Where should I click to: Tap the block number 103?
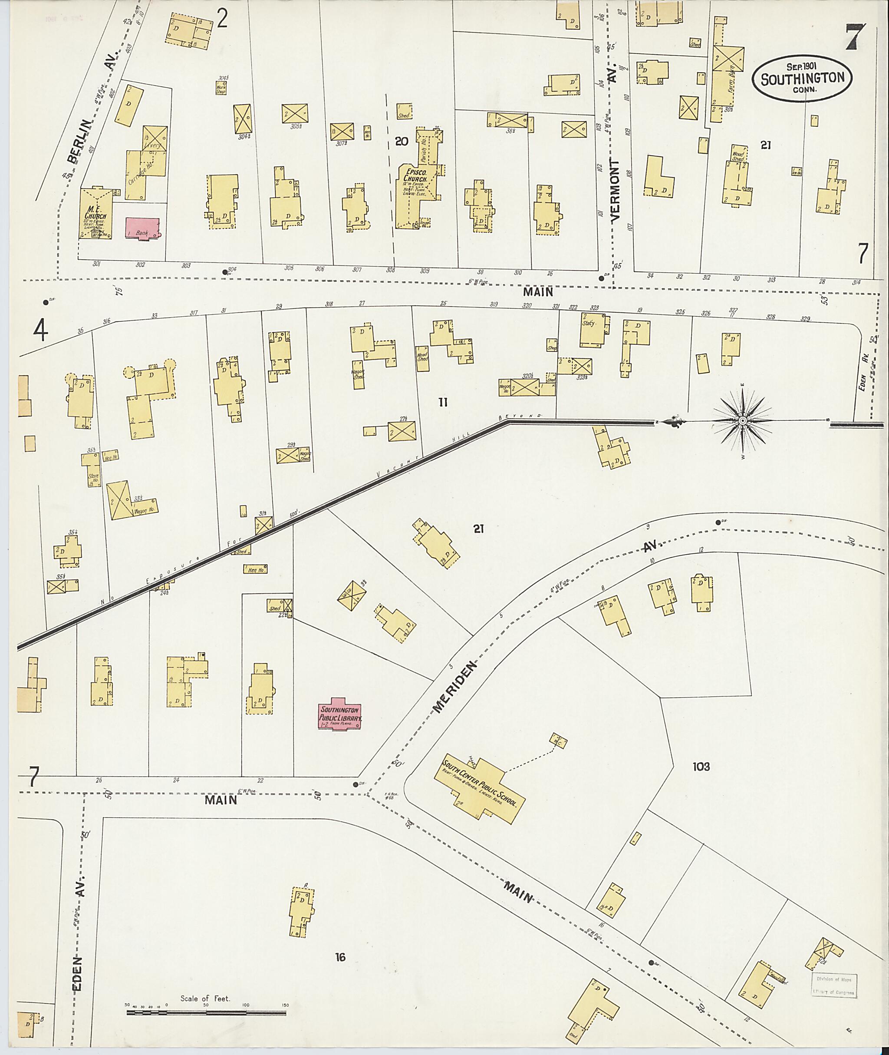coord(701,767)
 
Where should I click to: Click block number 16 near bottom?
coord(340,957)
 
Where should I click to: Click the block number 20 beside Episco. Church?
coord(402,142)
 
